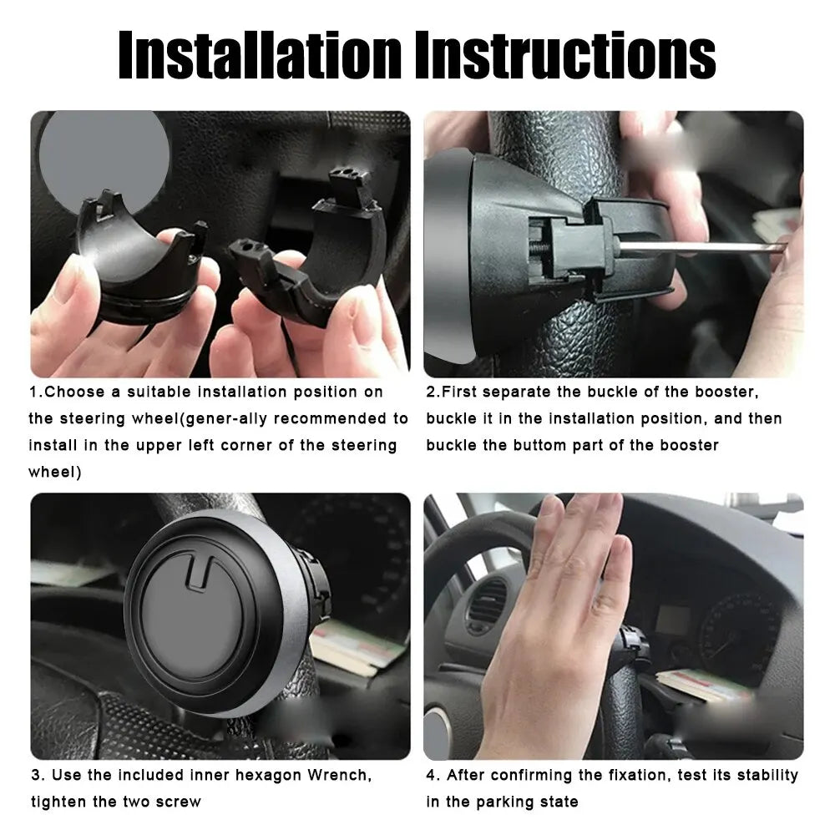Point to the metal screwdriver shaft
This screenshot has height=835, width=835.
(x=701, y=247)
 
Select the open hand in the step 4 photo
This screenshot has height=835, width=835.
(x=559, y=610)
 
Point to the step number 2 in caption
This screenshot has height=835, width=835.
(x=431, y=392)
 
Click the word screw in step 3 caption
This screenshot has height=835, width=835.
(x=180, y=802)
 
